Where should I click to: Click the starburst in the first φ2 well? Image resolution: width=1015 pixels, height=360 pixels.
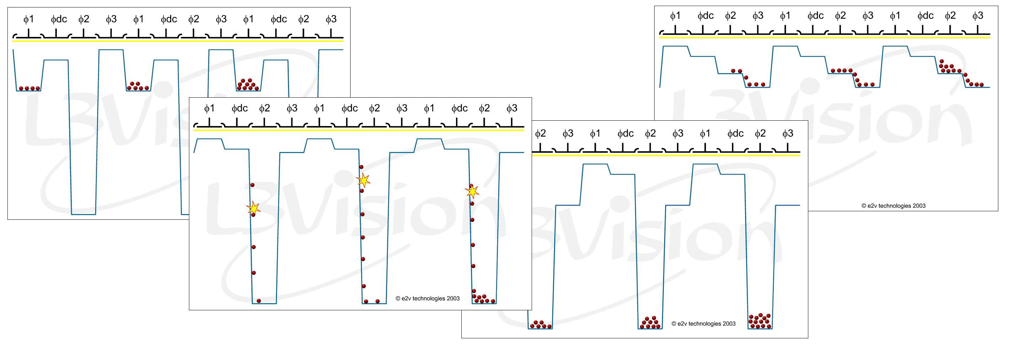[253, 208]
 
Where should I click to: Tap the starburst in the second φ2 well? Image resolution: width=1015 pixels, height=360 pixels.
[363, 180]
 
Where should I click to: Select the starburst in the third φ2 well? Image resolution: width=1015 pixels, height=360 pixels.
[472, 191]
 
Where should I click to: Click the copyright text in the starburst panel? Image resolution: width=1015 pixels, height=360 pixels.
[428, 299]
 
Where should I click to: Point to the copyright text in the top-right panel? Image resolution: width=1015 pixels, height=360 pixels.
[893, 206]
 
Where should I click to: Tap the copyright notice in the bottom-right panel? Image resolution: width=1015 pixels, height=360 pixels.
[703, 324]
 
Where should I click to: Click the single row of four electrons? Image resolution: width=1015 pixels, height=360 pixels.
[29, 88]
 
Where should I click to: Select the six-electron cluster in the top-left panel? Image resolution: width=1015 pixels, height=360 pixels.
[138, 86]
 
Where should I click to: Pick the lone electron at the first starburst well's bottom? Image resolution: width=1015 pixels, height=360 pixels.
[259, 301]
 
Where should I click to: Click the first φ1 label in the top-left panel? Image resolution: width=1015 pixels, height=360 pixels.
[29, 19]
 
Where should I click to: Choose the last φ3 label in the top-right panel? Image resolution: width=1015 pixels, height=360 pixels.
[978, 15]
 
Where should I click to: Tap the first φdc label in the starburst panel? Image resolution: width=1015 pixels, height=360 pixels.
[240, 108]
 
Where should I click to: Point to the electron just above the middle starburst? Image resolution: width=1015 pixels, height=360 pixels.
[361, 167]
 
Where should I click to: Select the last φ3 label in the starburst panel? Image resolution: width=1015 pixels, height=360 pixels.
[511, 108]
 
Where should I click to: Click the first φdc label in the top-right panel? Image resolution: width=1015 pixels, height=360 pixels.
[705, 15]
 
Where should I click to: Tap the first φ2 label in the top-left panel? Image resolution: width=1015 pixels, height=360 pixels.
[83, 19]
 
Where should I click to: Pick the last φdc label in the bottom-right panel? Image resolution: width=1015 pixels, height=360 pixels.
[735, 133]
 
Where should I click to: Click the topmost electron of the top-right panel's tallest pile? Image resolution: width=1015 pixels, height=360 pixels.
[941, 61]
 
